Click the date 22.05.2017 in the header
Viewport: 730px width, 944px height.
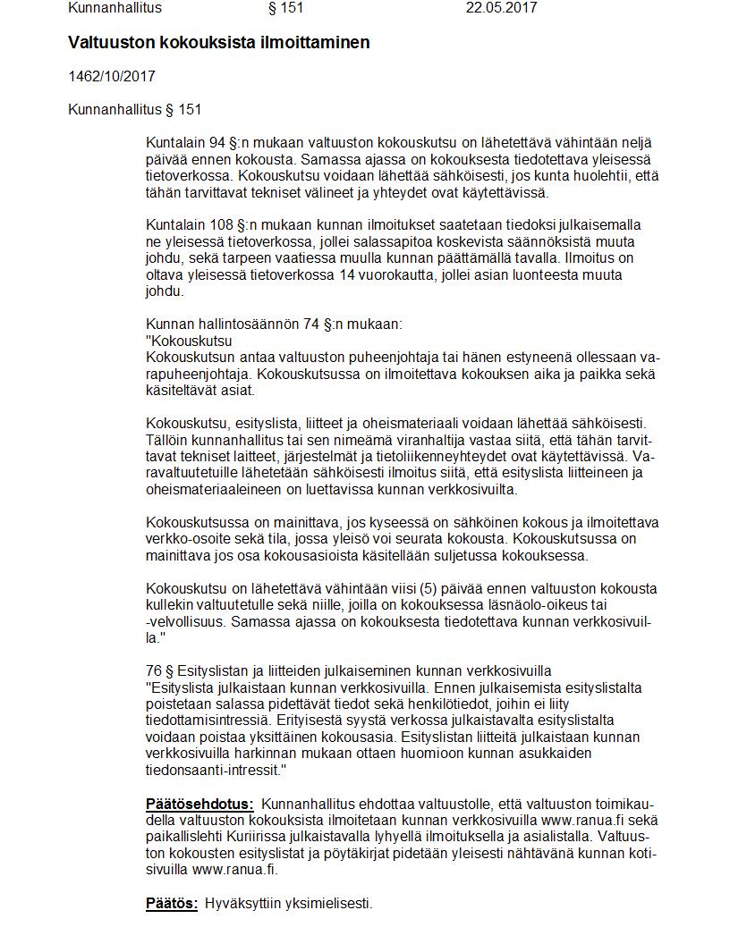501,8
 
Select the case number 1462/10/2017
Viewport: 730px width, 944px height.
112,76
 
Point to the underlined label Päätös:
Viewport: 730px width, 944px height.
172,904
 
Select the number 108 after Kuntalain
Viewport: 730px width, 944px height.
222,224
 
